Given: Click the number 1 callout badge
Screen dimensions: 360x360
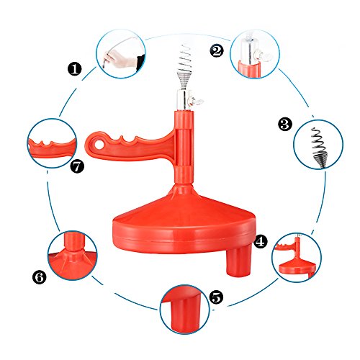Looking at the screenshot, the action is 74,69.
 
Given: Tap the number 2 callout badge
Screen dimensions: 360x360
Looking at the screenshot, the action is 217,50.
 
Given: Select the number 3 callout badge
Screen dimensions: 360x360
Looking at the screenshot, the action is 285,124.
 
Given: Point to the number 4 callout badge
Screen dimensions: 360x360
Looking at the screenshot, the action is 261,241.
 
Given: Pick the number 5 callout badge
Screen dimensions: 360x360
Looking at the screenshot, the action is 216,297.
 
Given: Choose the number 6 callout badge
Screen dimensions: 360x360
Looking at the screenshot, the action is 40,277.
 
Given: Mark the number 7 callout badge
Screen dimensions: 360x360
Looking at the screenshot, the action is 77,166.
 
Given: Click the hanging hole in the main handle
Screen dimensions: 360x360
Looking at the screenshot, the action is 99,145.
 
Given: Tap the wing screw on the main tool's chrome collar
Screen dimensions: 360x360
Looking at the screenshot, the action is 197,102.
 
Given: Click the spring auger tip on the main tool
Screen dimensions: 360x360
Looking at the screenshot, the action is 185,67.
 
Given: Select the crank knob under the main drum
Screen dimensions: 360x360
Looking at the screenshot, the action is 240,263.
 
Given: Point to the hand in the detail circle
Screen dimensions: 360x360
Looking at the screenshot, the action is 118,58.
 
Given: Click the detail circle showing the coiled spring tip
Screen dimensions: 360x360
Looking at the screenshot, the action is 318,144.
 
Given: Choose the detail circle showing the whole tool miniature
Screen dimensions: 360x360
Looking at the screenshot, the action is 297,257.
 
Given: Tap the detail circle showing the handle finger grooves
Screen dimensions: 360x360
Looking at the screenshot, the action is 52,143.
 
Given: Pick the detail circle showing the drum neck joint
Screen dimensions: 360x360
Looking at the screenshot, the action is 72,256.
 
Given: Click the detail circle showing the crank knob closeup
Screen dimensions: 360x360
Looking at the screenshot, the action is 184,310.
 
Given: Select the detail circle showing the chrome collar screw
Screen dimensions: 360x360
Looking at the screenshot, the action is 255,54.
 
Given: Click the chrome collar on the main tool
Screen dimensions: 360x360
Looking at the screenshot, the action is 184,100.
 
